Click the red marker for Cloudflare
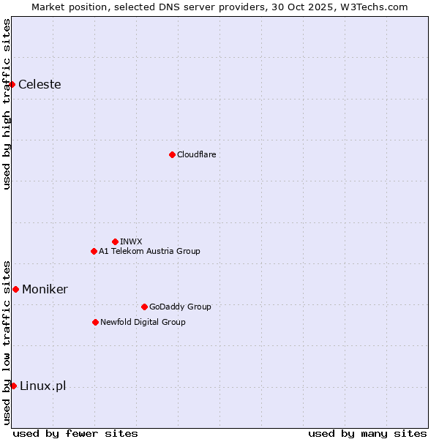(172, 154)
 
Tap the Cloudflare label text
(196, 154)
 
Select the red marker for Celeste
(12, 84)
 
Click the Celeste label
(40, 84)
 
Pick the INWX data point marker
(115, 241)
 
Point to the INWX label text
(131, 241)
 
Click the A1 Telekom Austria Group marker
(94, 251)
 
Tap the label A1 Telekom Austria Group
(149, 251)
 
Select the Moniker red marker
(15, 289)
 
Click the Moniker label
(45, 289)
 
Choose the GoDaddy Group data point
(144, 307)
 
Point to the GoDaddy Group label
(180, 307)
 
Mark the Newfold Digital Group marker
(95, 322)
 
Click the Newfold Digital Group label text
(143, 322)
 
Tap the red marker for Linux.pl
(13, 386)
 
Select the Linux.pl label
(42, 386)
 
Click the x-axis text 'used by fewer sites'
(75, 433)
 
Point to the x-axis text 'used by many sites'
(367, 433)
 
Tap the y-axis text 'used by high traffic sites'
(7, 104)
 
